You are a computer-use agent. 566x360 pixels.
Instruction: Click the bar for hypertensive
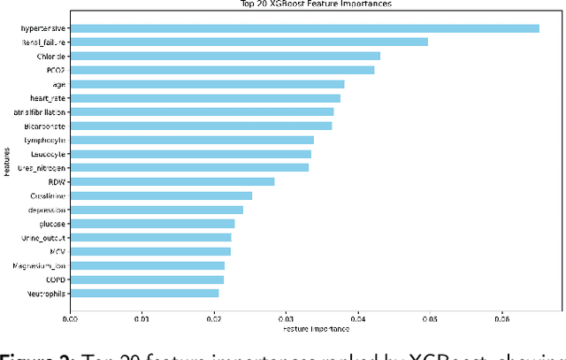click(304, 27)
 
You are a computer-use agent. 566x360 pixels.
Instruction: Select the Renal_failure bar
click(249, 42)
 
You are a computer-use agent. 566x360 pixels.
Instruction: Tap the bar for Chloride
click(225, 56)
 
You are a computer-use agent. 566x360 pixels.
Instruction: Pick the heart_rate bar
click(205, 97)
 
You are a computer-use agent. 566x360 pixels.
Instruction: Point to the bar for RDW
click(172, 181)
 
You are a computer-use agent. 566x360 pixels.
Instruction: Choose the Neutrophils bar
click(144, 293)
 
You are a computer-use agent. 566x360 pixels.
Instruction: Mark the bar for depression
click(157, 210)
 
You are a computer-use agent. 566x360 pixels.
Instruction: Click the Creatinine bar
click(161, 195)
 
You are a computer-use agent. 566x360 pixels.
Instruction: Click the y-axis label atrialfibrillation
click(39, 111)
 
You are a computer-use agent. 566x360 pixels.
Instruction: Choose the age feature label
click(59, 84)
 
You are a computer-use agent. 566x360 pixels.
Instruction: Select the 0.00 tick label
click(70, 318)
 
